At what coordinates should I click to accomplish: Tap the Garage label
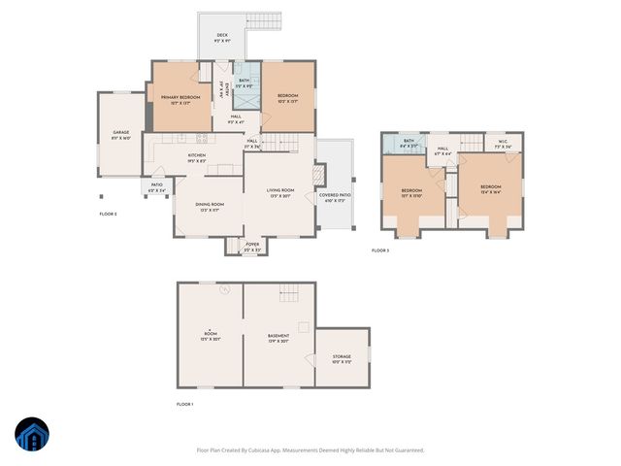coord(120,134)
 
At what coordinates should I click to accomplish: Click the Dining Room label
coord(210,205)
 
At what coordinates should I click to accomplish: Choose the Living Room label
coord(280,191)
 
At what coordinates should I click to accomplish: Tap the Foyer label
coord(251,245)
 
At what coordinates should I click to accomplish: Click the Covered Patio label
coord(336,196)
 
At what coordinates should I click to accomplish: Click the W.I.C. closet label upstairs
coord(503,143)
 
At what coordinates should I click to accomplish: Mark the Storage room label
coord(343,357)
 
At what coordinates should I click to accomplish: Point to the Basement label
coord(278,336)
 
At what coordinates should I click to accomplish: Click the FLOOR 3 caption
coord(380,250)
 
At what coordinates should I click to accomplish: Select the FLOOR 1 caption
coord(185,404)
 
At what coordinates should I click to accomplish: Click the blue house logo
coord(32,436)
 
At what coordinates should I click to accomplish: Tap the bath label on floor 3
coord(409,143)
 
